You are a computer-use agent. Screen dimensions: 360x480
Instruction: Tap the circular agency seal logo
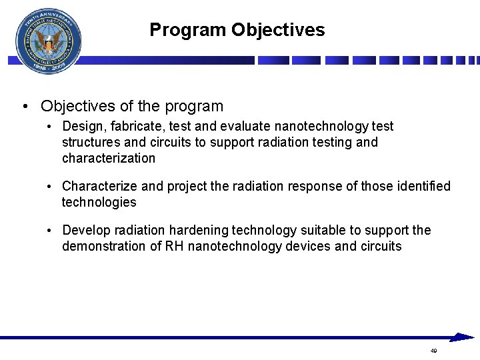click(48, 41)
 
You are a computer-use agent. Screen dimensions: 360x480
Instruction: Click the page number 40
click(433, 351)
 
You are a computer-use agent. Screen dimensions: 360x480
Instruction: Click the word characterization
click(108, 158)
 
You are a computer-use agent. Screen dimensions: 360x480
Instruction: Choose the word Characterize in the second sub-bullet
click(99, 186)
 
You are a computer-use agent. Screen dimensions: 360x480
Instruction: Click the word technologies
click(99, 202)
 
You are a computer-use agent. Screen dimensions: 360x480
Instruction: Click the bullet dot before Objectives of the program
click(24, 107)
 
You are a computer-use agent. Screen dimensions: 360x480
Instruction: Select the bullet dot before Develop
click(50, 231)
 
